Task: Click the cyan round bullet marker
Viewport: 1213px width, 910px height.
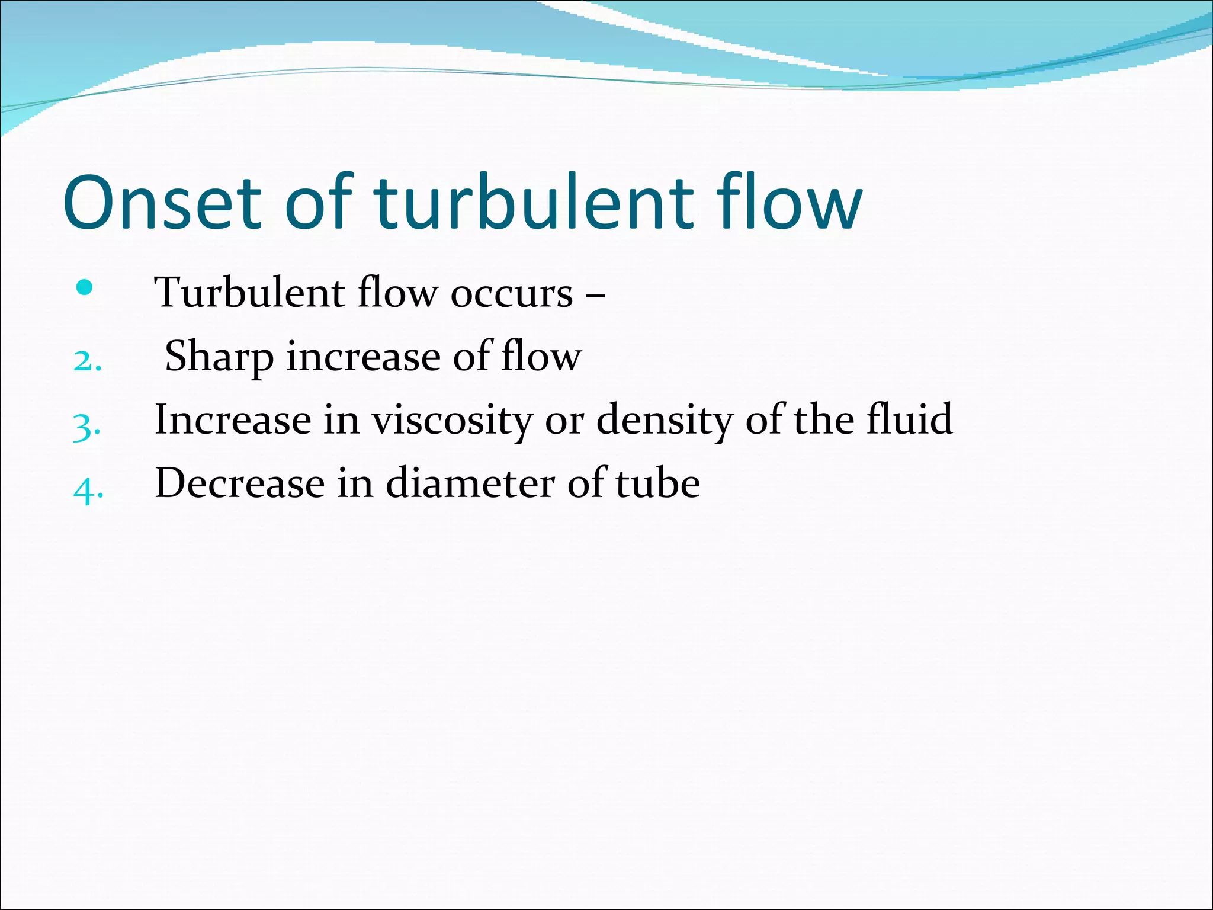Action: pos(85,288)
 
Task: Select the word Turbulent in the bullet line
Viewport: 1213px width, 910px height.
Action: pos(249,293)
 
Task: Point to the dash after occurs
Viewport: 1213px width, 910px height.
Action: pos(595,293)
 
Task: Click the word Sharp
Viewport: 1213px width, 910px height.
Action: pos(219,357)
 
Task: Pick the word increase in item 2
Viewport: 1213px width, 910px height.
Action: pos(363,357)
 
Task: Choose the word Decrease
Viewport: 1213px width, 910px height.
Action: pos(240,483)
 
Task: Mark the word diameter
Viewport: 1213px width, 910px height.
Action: pos(470,483)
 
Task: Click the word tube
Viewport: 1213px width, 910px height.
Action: pos(657,483)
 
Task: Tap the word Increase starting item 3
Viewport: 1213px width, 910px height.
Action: pos(233,419)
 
